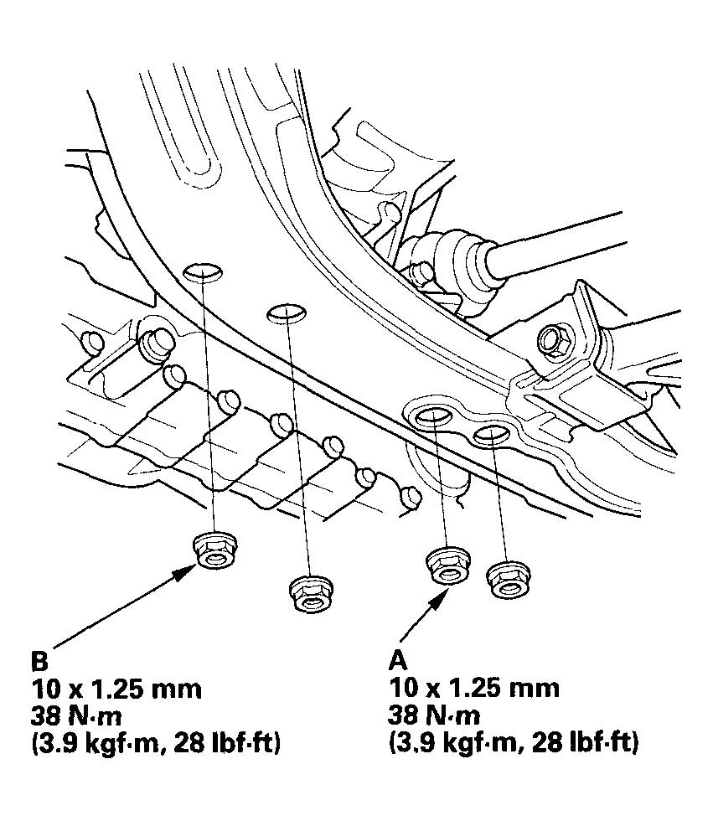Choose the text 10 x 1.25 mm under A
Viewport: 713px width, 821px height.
pos(474,689)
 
